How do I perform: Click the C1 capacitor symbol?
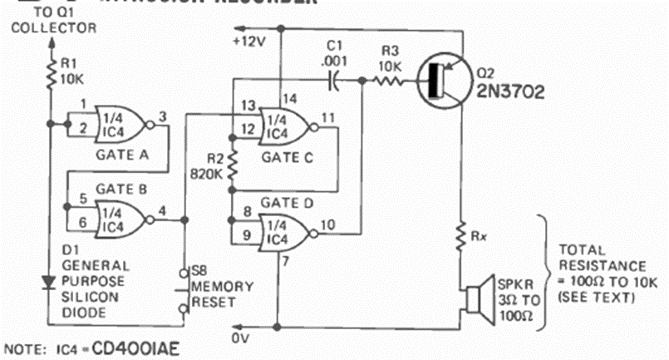332,81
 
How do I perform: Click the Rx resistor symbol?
460,239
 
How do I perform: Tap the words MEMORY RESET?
219,293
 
